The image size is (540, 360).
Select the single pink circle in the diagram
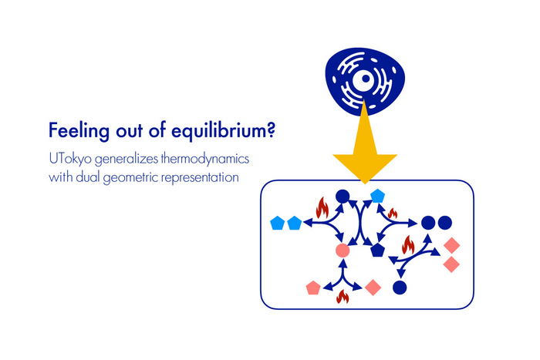tap(343, 251)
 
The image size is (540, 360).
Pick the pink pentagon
tap(313, 288)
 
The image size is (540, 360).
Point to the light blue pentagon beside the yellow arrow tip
tap(377, 196)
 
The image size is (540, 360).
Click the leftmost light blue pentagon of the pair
tap(277, 224)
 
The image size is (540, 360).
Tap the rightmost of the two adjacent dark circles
tap(445, 224)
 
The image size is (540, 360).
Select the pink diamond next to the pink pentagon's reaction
tap(373, 288)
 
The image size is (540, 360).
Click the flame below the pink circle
tap(343, 295)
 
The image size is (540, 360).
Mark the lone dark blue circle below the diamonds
tap(399, 288)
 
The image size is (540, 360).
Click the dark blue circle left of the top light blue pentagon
tap(343, 196)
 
